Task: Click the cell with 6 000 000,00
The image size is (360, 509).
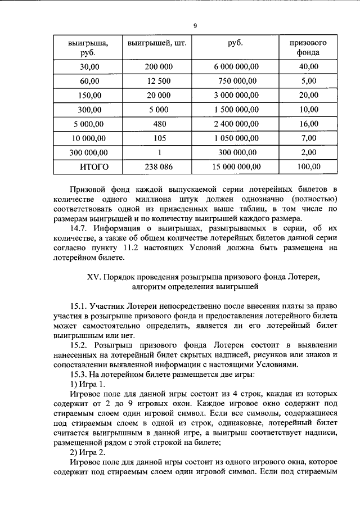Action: coord(236,67)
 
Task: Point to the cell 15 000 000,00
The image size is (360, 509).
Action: coord(236,166)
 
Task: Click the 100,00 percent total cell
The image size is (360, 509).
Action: coord(308,166)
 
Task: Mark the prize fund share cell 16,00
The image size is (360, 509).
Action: coord(308,124)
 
